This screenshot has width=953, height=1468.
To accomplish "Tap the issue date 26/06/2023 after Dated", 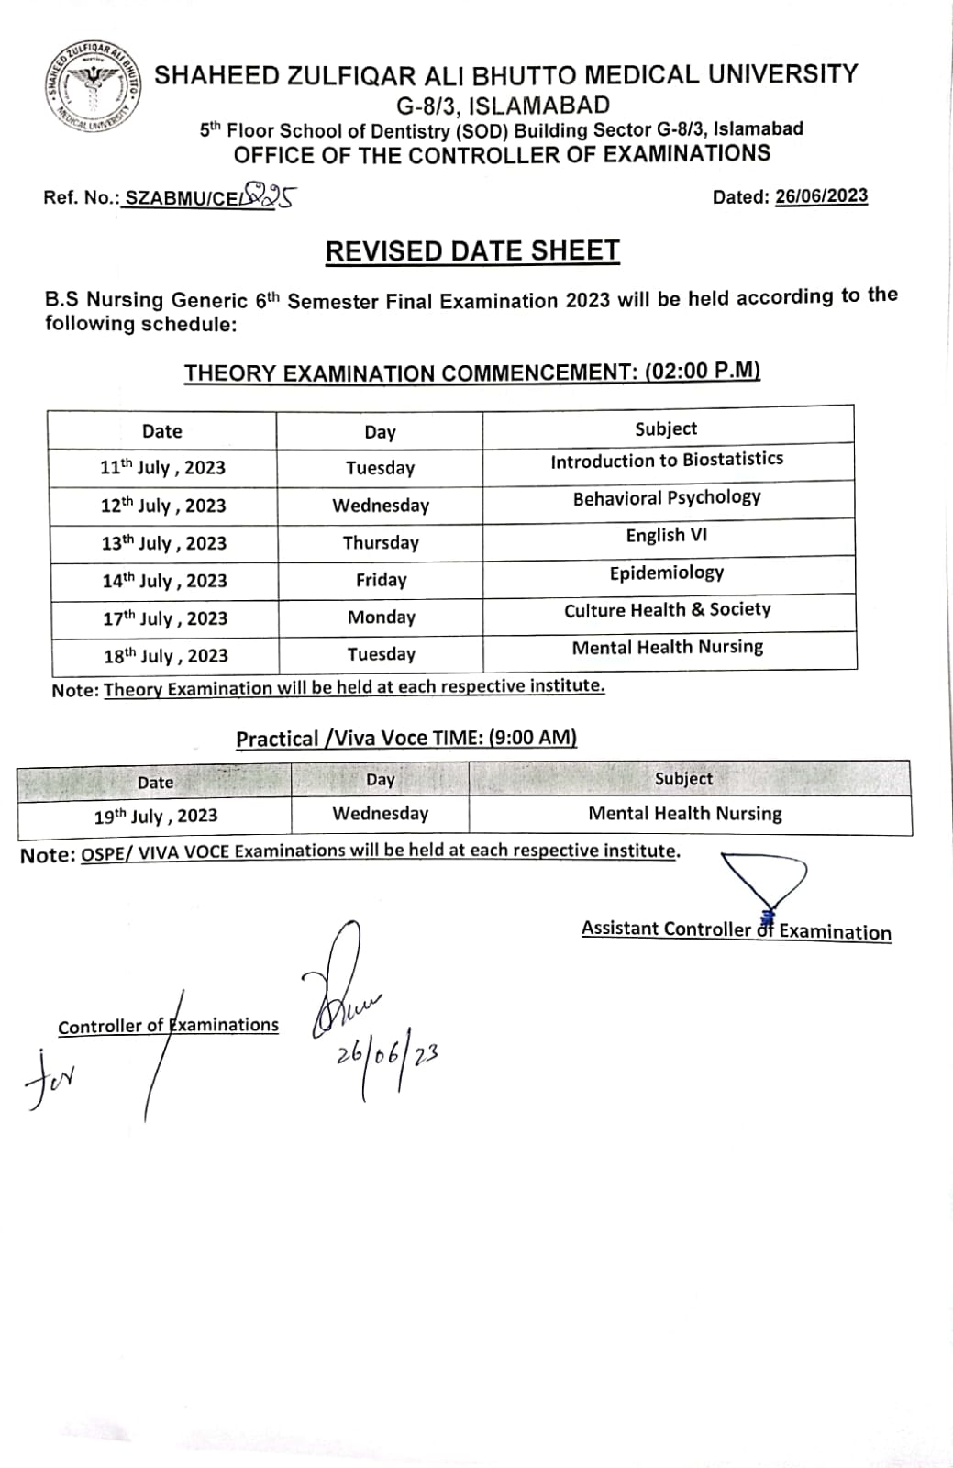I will (821, 196).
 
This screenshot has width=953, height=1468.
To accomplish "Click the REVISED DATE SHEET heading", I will (472, 251).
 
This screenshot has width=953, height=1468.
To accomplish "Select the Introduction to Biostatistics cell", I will (667, 461).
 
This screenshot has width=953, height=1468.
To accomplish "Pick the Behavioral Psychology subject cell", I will (667, 498).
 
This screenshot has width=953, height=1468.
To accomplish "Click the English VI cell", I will (667, 536).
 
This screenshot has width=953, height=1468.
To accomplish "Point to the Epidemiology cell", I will (667, 573).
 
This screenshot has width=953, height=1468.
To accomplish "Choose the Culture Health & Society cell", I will (667, 610).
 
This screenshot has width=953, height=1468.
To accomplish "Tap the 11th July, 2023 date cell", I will (162, 468).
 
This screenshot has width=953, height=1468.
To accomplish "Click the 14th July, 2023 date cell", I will (164, 581).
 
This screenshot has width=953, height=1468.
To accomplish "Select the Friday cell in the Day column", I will (381, 580).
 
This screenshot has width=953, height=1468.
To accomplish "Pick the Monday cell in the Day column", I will (381, 617).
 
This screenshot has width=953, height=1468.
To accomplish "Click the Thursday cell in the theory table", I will (381, 542).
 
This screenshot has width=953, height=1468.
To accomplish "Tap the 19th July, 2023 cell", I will (155, 816).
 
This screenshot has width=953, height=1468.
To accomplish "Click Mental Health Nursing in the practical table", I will (684, 814).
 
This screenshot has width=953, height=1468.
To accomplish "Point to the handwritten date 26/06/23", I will (386, 1055).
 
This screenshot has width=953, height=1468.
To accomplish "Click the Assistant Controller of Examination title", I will (736, 930).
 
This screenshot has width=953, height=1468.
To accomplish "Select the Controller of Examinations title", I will (168, 1026).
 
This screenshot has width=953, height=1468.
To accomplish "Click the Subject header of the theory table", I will (666, 428).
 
